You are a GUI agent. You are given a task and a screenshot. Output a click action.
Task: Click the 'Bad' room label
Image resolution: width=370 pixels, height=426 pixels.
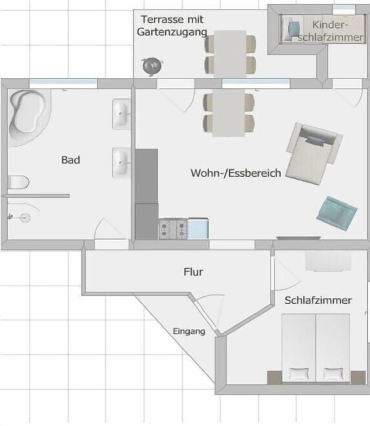[71, 160]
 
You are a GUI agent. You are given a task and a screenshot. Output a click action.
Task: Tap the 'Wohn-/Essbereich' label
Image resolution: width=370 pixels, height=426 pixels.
[236, 173]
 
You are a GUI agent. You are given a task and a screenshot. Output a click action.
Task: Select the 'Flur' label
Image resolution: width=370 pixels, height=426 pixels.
[193, 272]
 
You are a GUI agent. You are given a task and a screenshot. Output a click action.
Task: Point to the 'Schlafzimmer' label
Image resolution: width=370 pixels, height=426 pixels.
[318, 300]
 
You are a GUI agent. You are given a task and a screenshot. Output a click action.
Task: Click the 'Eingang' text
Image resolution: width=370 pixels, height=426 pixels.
[189, 331]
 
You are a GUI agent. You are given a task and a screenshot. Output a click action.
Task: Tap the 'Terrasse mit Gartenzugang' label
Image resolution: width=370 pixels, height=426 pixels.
[172, 25]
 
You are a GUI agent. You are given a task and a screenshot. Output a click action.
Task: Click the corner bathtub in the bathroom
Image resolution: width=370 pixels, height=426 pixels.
[29, 117]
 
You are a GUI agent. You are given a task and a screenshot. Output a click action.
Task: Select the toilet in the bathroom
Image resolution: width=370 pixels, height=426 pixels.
[18, 182]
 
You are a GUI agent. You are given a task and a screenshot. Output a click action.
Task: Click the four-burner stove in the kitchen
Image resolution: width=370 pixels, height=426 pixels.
[173, 230]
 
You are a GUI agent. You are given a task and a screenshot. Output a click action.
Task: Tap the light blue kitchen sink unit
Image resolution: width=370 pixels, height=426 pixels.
[198, 229]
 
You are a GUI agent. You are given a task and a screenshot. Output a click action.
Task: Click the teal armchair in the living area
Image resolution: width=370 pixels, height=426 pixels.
[337, 213]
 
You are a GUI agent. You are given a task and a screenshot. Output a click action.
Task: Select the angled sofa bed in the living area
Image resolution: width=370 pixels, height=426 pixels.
[314, 154]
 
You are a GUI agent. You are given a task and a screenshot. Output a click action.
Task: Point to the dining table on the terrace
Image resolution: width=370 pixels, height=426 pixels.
[230, 54]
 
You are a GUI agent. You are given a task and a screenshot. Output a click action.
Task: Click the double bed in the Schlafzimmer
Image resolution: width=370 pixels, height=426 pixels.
[316, 348]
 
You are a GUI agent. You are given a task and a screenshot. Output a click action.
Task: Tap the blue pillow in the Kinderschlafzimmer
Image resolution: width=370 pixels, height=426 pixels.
[293, 28]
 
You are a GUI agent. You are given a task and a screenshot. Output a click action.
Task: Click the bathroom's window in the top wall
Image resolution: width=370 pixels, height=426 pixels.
[63, 83]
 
